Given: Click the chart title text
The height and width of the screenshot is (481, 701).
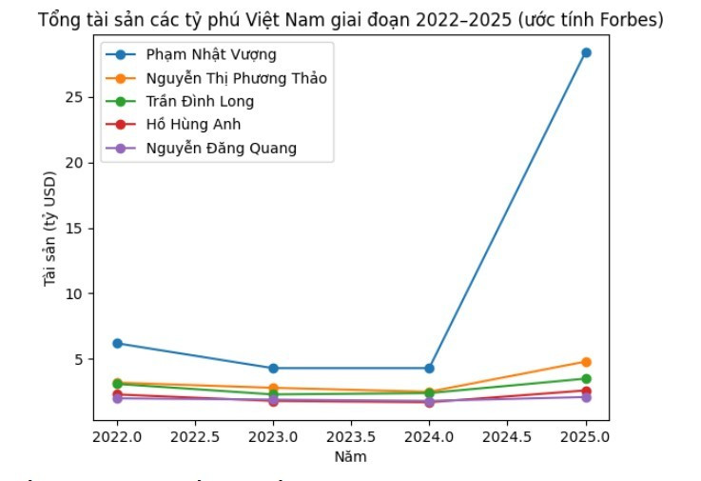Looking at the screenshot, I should pyautogui.click(x=350, y=20).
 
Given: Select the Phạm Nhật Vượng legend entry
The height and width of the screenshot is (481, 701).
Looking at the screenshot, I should pyautogui.click(x=211, y=55).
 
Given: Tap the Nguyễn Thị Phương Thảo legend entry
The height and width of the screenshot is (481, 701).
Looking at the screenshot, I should pyautogui.click(x=236, y=78).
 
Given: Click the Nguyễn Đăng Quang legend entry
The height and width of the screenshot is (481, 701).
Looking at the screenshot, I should pyautogui.click(x=221, y=148).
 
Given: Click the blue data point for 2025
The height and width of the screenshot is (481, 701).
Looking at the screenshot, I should pyautogui.click(x=586, y=52).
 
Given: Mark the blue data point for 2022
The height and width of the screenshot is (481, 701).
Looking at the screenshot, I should pyautogui.click(x=117, y=343).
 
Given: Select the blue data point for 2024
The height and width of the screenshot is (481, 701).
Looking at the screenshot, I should pyautogui.click(x=429, y=368).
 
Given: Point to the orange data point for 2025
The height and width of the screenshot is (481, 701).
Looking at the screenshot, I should pyautogui.click(x=586, y=362).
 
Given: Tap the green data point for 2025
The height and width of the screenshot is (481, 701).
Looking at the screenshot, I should pyautogui.click(x=586, y=379).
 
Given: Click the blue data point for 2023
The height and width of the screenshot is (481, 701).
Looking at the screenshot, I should pyautogui.click(x=273, y=368).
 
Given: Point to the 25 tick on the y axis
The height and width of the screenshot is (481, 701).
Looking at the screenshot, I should pyautogui.click(x=77, y=97).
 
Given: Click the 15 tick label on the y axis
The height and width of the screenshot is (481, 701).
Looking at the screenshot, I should pyautogui.click(x=77, y=229).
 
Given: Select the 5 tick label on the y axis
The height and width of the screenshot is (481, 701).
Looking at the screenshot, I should pyautogui.click(x=81, y=360).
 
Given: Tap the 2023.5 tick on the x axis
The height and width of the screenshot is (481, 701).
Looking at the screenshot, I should pyautogui.click(x=351, y=437).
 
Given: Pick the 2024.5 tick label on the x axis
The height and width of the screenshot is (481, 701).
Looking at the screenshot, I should pyautogui.click(x=507, y=437).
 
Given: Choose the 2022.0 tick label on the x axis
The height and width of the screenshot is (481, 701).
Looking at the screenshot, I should pyautogui.click(x=117, y=437).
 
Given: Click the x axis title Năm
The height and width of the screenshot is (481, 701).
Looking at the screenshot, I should pyautogui.click(x=350, y=456).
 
